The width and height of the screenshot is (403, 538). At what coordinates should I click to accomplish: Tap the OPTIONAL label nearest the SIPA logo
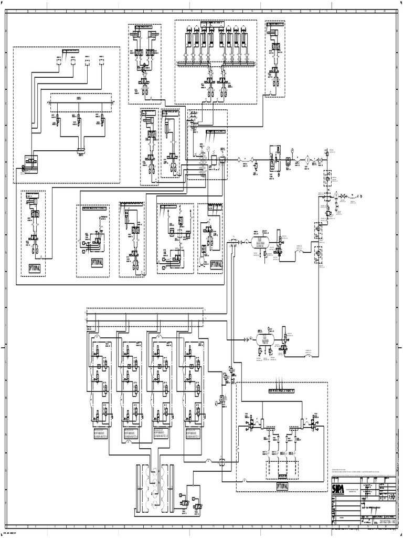(282, 487)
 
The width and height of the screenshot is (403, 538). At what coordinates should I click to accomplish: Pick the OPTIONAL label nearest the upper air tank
(216, 265)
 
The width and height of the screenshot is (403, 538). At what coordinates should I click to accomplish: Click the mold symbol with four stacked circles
(155, 478)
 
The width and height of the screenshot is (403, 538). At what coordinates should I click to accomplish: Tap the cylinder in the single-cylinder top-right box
(275, 36)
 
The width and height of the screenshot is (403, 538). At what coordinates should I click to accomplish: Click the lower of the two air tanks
(263, 338)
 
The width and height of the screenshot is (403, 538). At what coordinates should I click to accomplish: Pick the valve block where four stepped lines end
(31, 163)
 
